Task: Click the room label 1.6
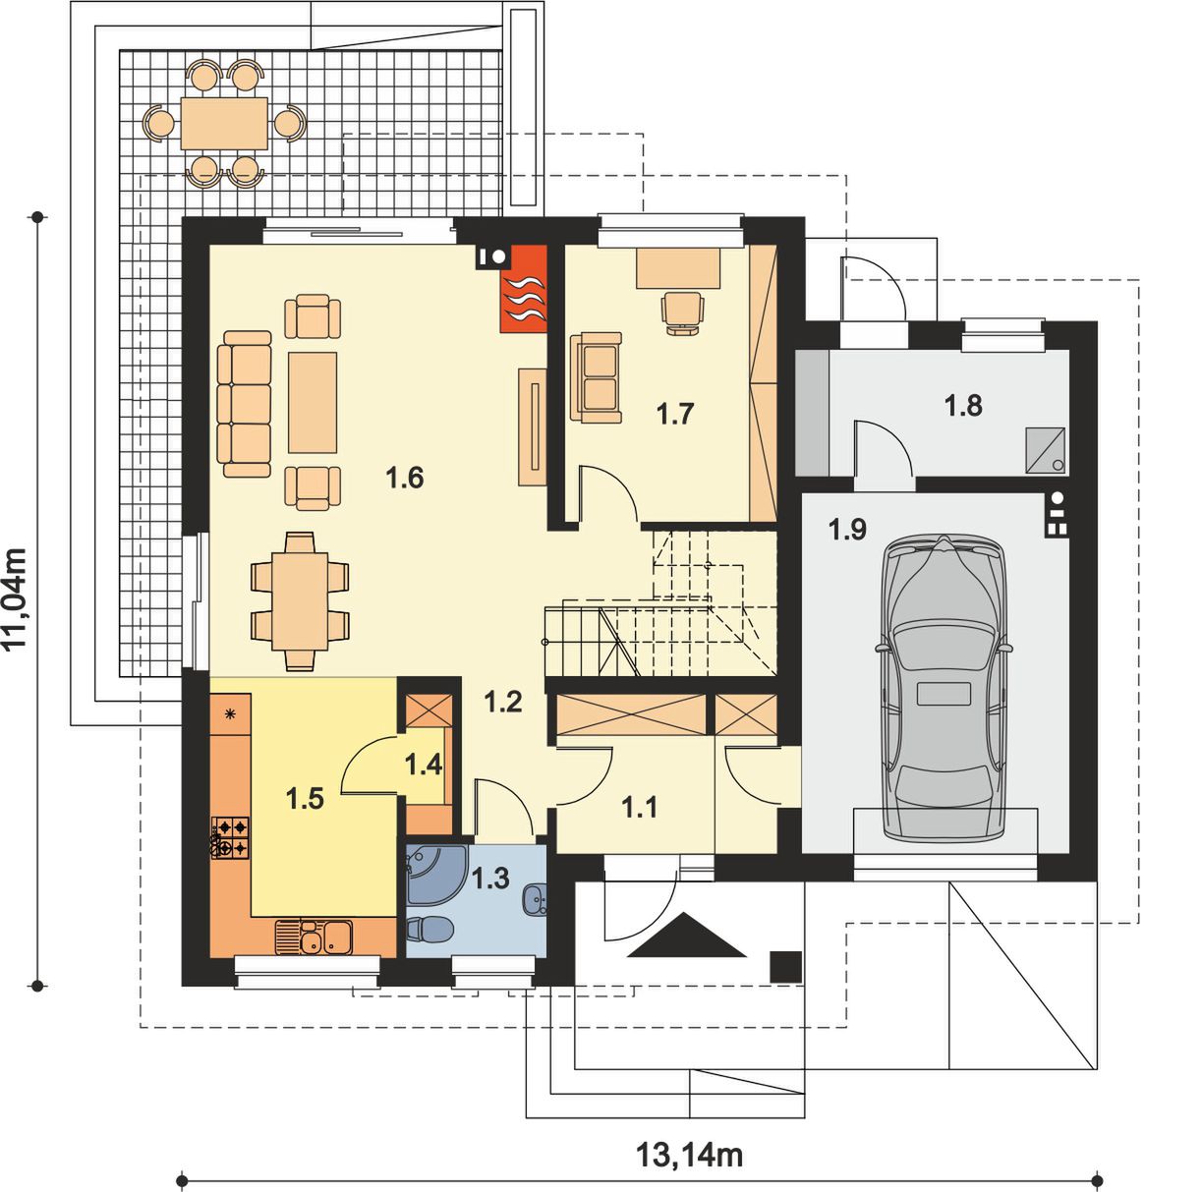click(x=405, y=478)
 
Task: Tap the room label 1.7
click(x=675, y=414)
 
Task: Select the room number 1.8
click(x=963, y=406)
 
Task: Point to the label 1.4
click(x=424, y=764)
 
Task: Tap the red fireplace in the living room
click(x=523, y=289)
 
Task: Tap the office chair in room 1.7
click(x=683, y=313)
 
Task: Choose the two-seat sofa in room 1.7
click(x=596, y=376)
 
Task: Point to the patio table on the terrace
click(x=224, y=123)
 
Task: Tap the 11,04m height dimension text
click(x=16, y=599)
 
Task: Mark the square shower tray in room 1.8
click(x=1046, y=448)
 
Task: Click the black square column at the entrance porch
click(x=785, y=966)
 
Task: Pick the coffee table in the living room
click(x=312, y=402)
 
